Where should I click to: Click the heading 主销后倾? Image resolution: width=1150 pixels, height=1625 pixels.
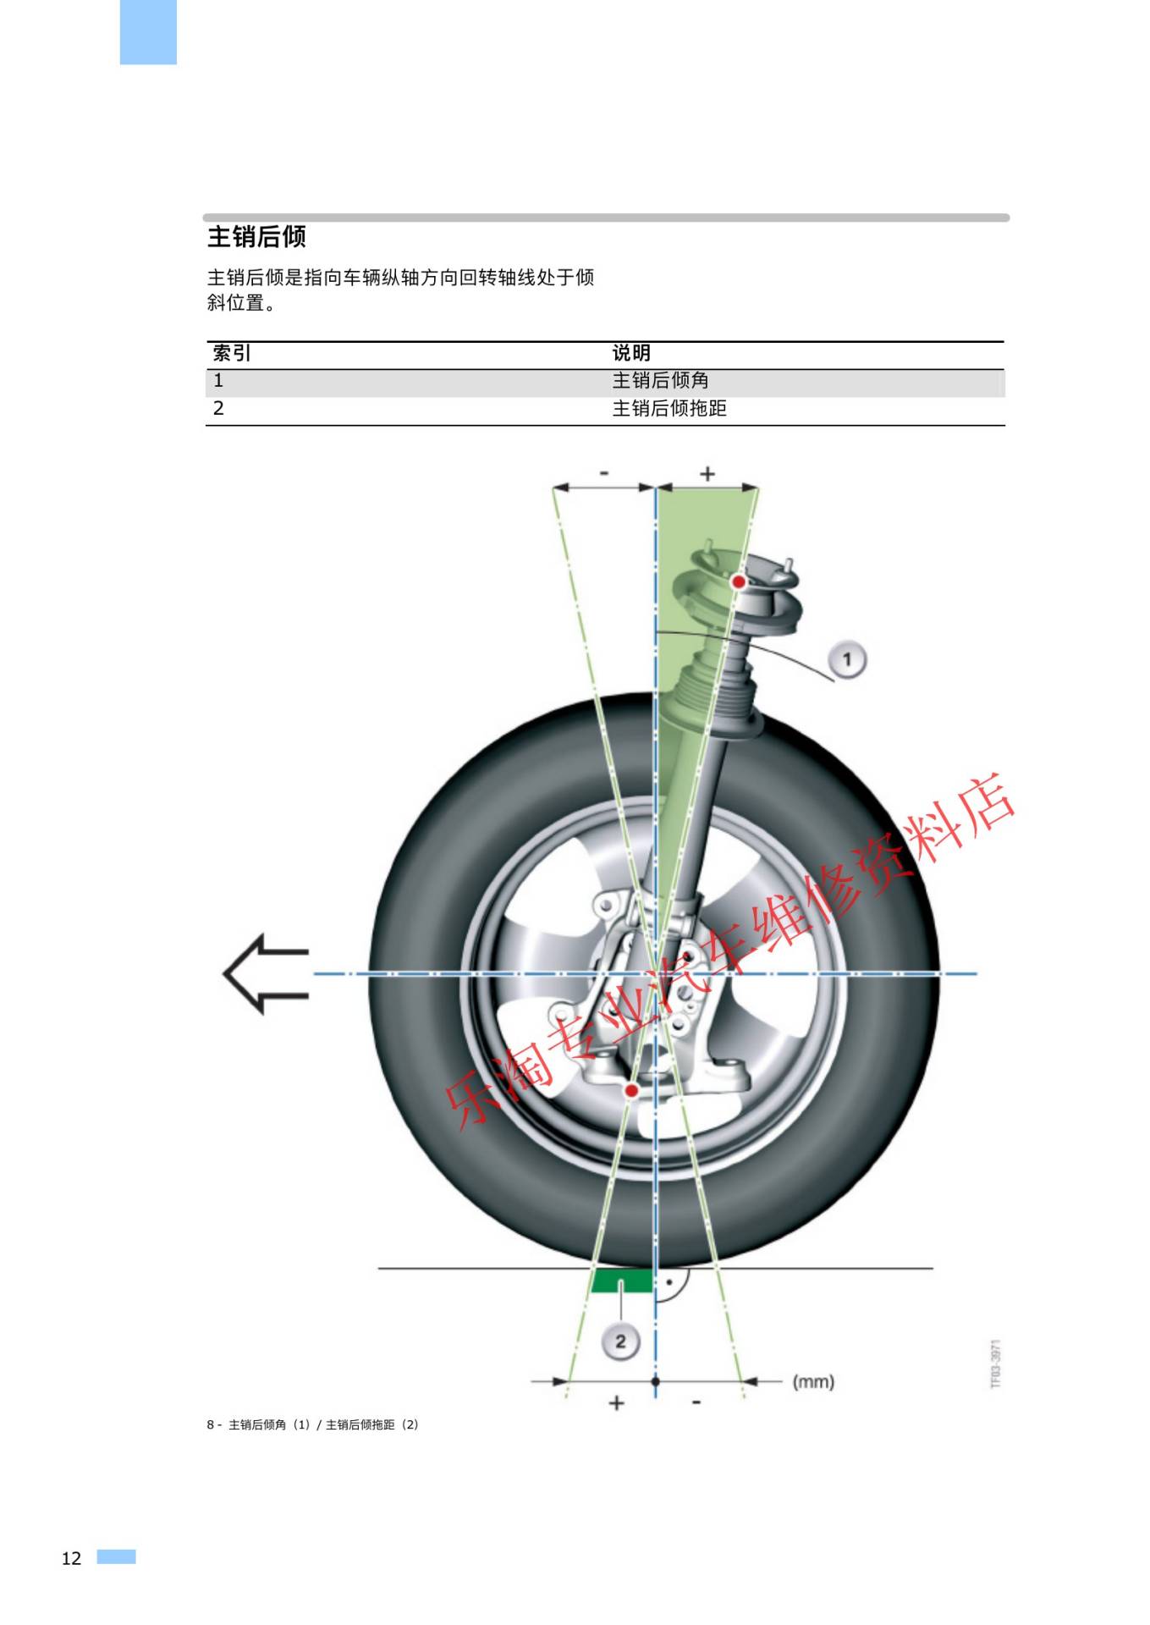[256, 237]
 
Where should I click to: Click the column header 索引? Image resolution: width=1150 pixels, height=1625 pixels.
[231, 353]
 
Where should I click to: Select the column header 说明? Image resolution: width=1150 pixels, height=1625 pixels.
[631, 353]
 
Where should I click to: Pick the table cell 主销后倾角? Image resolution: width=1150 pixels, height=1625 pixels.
[660, 381]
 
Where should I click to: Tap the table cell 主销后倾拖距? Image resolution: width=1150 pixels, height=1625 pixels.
[669, 409]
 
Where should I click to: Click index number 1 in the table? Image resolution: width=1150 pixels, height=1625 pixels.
[218, 381]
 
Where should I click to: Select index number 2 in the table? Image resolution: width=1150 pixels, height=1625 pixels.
[218, 409]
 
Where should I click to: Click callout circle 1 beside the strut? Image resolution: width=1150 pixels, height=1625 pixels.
[847, 659]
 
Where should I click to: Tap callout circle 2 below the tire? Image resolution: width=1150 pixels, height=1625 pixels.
[620, 1341]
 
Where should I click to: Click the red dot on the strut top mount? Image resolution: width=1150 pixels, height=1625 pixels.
[739, 582]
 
